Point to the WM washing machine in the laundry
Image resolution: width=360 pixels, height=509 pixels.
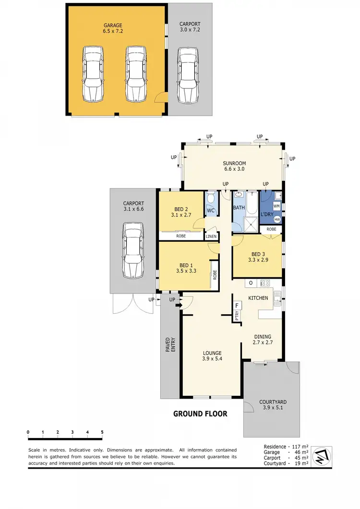[276, 206]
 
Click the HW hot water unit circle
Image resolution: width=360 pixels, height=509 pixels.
[277, 219]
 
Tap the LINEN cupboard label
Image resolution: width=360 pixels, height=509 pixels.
[211, 237]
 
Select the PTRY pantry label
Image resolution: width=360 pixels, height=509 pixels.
[237, 316]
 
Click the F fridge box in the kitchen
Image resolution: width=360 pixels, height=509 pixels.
[237, 305]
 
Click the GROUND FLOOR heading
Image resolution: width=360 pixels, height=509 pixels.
[200, 414]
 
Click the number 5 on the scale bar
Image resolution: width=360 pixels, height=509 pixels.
[102, 432]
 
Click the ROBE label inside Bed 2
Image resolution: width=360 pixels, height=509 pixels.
[181, 236]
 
